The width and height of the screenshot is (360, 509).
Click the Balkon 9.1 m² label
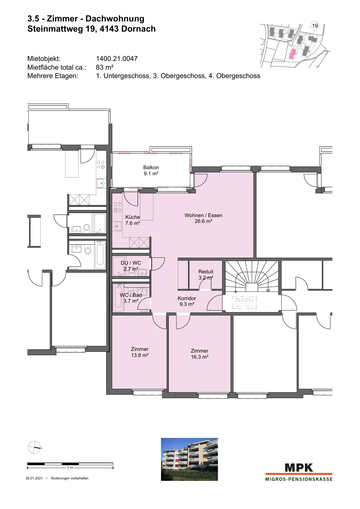[151, 170]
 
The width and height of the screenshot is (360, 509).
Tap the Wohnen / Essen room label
[203, 218]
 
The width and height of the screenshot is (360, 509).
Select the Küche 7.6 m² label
[133, 220]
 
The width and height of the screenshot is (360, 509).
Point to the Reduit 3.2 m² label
[206, 275]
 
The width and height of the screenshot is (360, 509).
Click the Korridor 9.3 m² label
[187, 301]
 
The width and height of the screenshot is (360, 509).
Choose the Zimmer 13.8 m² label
[140, 352]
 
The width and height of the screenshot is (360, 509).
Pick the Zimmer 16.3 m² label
[200, 354]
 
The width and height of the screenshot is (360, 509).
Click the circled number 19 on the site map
[315, 26]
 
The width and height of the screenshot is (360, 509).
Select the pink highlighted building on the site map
[292, 54]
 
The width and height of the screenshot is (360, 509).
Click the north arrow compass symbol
[34, 447]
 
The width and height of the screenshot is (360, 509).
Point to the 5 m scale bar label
[70, 468]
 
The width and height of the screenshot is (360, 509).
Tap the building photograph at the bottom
[189, 459]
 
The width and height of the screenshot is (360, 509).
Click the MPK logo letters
[299, 468]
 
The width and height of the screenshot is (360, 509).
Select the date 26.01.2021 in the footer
[34, 478]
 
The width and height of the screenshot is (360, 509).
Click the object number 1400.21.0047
[117, 59]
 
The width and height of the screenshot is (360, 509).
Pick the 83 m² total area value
[105, 67]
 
